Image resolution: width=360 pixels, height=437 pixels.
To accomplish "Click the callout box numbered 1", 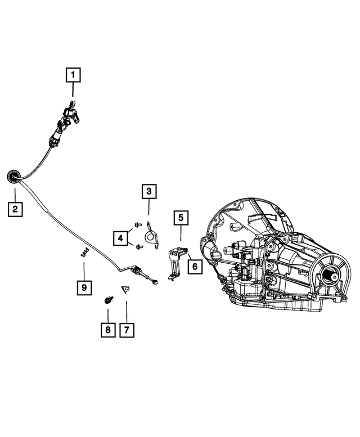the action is click(x=73, y=75).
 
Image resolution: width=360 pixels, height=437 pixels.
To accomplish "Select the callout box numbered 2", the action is click(x=15, y=209).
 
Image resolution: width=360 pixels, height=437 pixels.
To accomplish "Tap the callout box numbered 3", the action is click(x=149, y=191).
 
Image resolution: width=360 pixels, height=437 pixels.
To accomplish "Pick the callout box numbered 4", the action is click(x=120, y=238).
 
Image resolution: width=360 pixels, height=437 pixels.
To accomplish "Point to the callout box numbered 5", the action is click(x=181, y=218).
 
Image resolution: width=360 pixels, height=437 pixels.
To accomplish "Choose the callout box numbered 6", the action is click(x=195, y=267).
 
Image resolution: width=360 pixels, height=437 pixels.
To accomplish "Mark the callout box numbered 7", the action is click(x=127, y=330).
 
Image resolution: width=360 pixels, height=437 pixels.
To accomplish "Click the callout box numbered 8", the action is click(x=108, y=330).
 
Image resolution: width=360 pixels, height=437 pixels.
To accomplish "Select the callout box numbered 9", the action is click(x=84, y=287).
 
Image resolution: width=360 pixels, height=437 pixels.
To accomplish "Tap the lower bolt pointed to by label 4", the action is click(x=139, y=247).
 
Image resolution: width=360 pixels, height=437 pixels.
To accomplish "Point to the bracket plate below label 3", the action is click(x=152, y=236).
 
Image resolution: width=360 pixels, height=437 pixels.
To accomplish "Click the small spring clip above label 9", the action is click(x=84, y=253).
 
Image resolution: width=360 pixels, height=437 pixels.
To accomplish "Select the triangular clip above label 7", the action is click(x=125, y=290).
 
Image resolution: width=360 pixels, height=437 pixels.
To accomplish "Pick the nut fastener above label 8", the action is click(x=109, y=300).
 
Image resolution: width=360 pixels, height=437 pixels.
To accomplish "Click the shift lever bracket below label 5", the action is click(x=176, y=263).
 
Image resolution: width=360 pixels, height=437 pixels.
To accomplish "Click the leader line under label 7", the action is click(x=127, y=312).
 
